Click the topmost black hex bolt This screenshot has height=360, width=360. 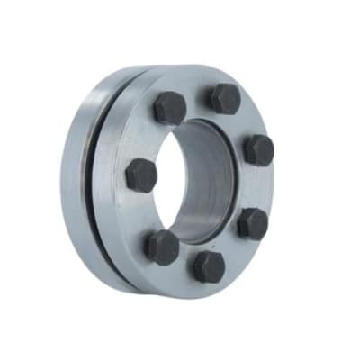pyautogui.click(x=225, y=98)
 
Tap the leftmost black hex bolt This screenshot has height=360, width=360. pyautogui.click(x=141, y=174)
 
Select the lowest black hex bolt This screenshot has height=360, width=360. pyautogui.click(x=209, y=266)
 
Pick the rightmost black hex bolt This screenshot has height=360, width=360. pyautogui.click(x=258, y=149)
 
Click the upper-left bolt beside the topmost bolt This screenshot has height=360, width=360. pyautogui.click(x=169, y=108)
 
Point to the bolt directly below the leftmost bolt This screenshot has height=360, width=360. pyautogui.click(x=163, y=246)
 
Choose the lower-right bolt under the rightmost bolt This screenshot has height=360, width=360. pyautogui.click(x=252, y=223)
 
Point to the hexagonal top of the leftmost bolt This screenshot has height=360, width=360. pyautogui.click(x=141, y=173)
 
